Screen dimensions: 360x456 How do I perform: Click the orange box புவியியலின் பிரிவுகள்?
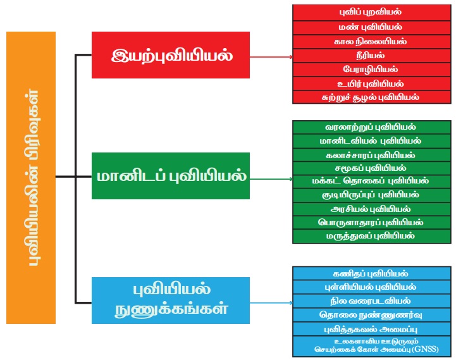click(x=31, y=177)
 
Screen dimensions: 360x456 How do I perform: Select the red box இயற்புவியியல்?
click(x=171, y=55)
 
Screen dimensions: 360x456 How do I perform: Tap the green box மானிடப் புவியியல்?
click(x=171, y=176)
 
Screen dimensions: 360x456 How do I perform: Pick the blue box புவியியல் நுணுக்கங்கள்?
click(x=171, y=300)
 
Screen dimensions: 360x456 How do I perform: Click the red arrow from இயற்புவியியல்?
click(x=271, y=56)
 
